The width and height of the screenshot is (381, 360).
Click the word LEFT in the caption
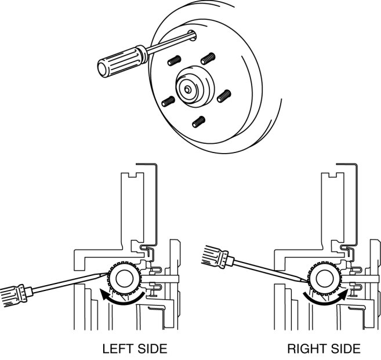pos(118,349)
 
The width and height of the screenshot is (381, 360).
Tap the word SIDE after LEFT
pos(151,349)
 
